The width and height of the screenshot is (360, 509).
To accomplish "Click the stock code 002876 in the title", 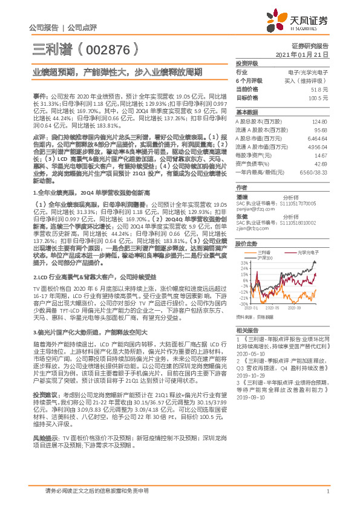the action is pos(110,48).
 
